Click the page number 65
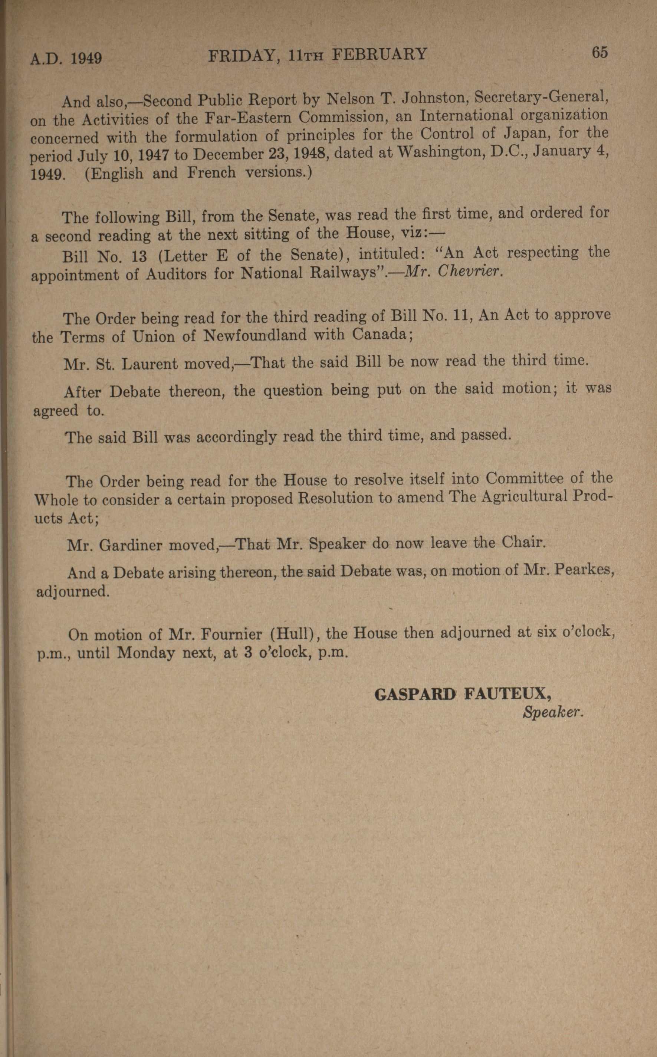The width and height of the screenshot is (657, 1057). coord(599,53)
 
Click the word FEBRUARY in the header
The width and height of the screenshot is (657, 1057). coord(380,55)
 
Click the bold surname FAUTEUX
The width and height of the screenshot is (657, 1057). coord(507,693)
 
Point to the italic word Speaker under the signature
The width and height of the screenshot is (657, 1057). coord(552,712)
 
